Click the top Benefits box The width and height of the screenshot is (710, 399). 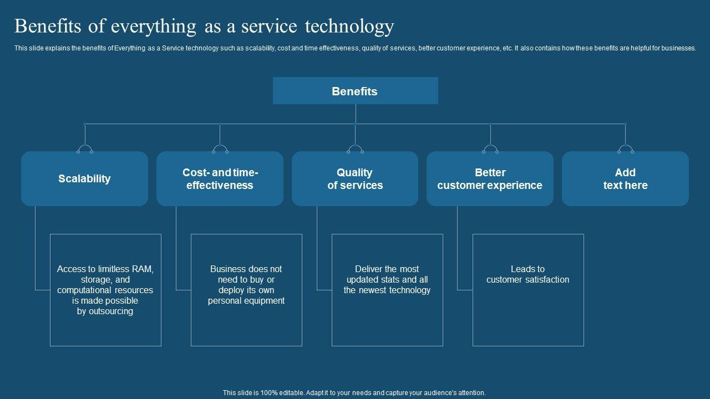[355, 91]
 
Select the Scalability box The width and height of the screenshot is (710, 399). [84, 178]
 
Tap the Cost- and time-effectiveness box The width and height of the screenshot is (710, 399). [220, 178]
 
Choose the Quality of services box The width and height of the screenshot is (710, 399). [355, 178]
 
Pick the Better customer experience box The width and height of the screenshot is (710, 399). [490, 178]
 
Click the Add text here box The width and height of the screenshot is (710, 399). [625, 178]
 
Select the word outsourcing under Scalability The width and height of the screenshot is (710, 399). [110, 311]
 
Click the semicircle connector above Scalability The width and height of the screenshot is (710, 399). [85, 148]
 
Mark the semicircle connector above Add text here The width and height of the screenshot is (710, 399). [625, 148]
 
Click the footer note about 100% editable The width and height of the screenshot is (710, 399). [354, 393]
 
